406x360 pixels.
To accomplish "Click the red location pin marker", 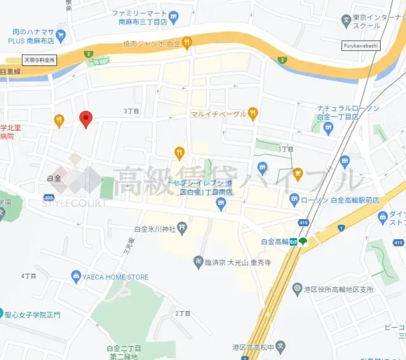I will coord(86,118).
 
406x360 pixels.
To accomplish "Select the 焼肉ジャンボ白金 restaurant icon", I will coord(187,43).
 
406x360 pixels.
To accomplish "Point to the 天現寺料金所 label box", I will coord(40,59).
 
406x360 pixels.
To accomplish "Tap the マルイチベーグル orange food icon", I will coord(253,114).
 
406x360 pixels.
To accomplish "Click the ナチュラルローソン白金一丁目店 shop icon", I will coord(328,128).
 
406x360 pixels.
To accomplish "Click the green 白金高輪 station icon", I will coord(303,241).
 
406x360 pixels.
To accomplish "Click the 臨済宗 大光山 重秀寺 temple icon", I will coord(199,261).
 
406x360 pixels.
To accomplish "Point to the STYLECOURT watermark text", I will coord(75,203).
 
